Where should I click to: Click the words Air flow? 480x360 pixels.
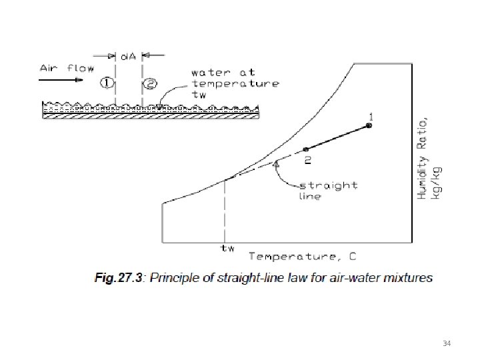coord(67,67)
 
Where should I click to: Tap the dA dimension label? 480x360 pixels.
coord(128,56)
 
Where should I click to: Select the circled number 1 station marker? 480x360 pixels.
coord(107,83)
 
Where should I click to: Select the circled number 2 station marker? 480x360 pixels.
coord(151,83)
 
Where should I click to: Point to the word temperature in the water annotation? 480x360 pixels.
coord(236,83)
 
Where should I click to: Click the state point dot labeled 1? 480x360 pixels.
coord(369,125)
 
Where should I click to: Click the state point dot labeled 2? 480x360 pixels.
coord(305,149)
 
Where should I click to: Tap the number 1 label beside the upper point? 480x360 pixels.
coord(371,116)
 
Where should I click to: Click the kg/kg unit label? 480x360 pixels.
coord(437,185)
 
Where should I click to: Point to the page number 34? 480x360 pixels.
coord(447,343)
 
